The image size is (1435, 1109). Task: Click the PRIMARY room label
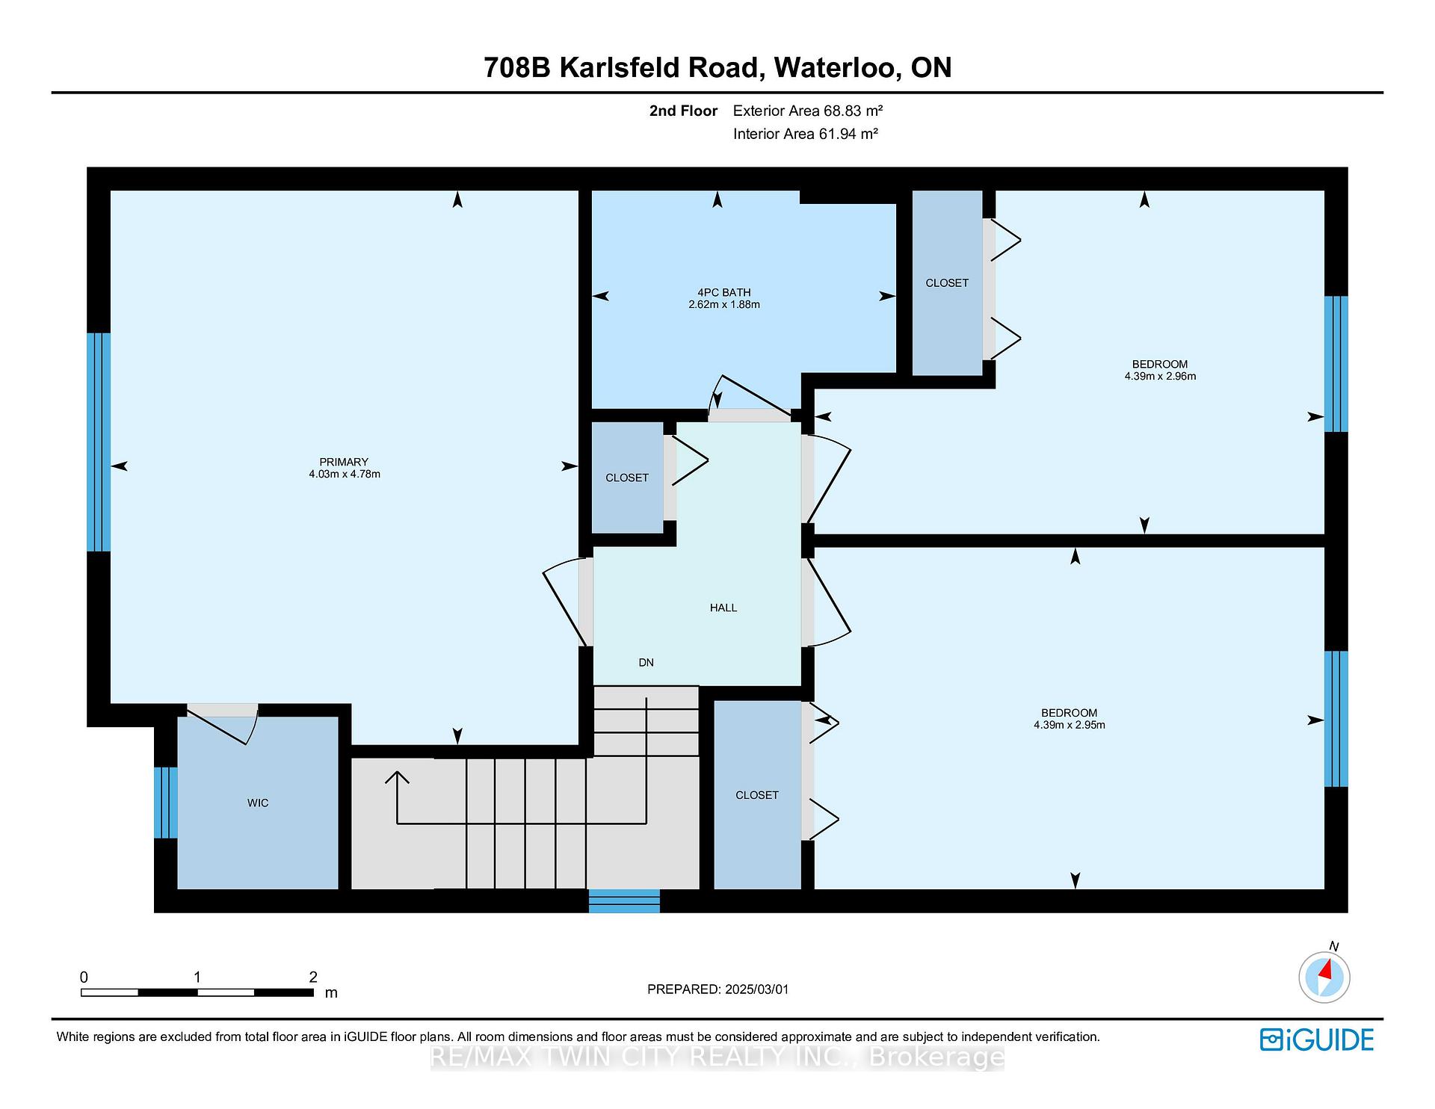pos(344,462)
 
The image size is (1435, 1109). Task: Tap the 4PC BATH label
pos(723,292)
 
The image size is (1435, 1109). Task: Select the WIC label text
pos(258,803)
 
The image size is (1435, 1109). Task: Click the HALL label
pos(723,608)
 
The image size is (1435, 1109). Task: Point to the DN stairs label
pos(646,662)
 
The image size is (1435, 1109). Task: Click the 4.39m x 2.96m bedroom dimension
pos(1160,377)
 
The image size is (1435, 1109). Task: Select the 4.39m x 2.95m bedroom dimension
pos(1070,725)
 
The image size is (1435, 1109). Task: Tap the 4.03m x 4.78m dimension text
pos(345,474)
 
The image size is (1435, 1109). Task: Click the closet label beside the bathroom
pos(947,282)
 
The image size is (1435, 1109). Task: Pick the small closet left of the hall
pos(627,478)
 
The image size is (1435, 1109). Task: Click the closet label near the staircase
pos(757,795)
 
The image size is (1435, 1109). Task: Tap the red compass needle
pos(1327,970)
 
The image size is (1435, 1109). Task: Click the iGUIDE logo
pos(1317,1040)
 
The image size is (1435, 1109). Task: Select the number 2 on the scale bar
pos(313,977)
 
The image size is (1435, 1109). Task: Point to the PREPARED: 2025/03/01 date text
pos(718,989)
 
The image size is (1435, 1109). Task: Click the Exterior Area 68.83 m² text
pos(808,111)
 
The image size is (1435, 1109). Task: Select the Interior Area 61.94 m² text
pos(806,134)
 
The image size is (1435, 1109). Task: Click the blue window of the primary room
pos(99,442)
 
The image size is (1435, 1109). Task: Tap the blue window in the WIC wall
pos(166,803)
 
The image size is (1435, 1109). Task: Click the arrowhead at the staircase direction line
pos(397,778)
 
